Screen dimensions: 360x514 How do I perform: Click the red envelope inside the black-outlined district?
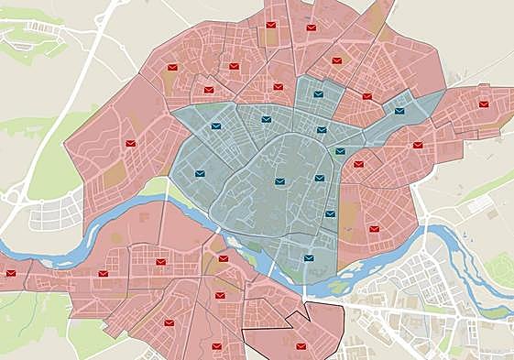[301, 346]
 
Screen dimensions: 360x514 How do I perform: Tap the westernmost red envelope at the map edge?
[11, 273]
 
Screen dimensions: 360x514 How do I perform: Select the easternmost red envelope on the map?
[484, 104]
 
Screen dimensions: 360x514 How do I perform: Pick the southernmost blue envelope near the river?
[309, 259]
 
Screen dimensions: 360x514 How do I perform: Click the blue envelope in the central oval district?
[279, 181]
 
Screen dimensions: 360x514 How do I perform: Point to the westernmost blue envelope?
[200, 173]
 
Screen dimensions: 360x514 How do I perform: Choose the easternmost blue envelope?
[399, 111]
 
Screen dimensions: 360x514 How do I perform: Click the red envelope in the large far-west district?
[131, 144]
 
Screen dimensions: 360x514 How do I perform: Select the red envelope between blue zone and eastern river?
[374, 229]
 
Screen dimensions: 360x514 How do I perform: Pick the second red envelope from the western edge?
[104, 273]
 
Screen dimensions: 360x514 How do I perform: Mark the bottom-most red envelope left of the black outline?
[217, 346]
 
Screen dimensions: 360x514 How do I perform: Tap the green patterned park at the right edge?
[499, 270]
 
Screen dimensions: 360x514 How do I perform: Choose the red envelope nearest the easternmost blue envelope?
[366, 96]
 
